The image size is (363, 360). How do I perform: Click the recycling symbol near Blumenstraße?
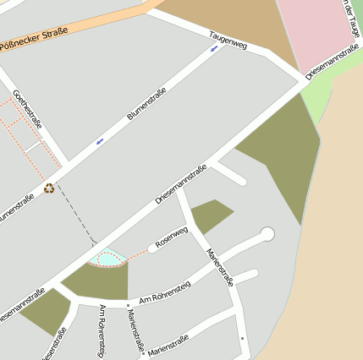pos(49,188)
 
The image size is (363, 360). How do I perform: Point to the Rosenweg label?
pos(172,236)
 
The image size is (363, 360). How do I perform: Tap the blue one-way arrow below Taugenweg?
pos(213,48)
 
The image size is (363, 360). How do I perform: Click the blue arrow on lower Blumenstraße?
pos(100,140)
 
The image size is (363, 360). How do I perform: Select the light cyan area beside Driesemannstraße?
pos(109,255)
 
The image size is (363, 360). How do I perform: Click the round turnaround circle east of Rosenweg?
pos(267,233)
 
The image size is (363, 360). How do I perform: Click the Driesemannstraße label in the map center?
pos(181,183)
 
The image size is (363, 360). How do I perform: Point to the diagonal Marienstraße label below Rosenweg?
pos(219,267)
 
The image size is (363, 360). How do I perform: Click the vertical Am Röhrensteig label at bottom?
pos(102,330)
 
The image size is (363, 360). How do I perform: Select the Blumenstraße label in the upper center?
pos(146,107)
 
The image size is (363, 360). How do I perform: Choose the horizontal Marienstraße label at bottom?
pos(168,345)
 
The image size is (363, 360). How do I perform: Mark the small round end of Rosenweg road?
pos(153,248)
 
